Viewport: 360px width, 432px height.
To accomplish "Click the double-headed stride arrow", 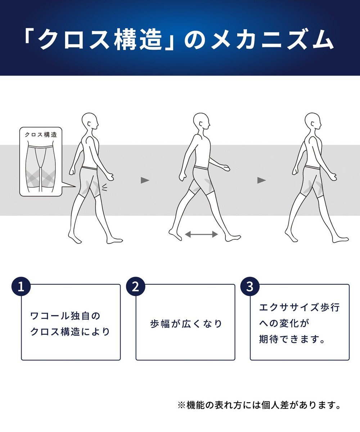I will [201, 234].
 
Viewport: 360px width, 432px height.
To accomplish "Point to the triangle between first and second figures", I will [145, 180].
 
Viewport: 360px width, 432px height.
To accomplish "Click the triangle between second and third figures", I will [261, 180].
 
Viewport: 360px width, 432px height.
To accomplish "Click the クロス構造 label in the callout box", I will [41, 135].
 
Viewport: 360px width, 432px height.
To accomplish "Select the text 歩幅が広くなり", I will [186, 324].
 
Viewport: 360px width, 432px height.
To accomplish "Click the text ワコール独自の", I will [65, 316].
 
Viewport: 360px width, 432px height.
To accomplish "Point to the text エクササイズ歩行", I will [300, 308].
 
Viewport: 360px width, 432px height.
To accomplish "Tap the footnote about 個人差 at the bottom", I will [259, 405].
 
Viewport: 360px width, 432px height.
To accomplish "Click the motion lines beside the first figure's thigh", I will [104, 188].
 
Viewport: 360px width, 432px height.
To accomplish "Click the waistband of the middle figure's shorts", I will [201, 167].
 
